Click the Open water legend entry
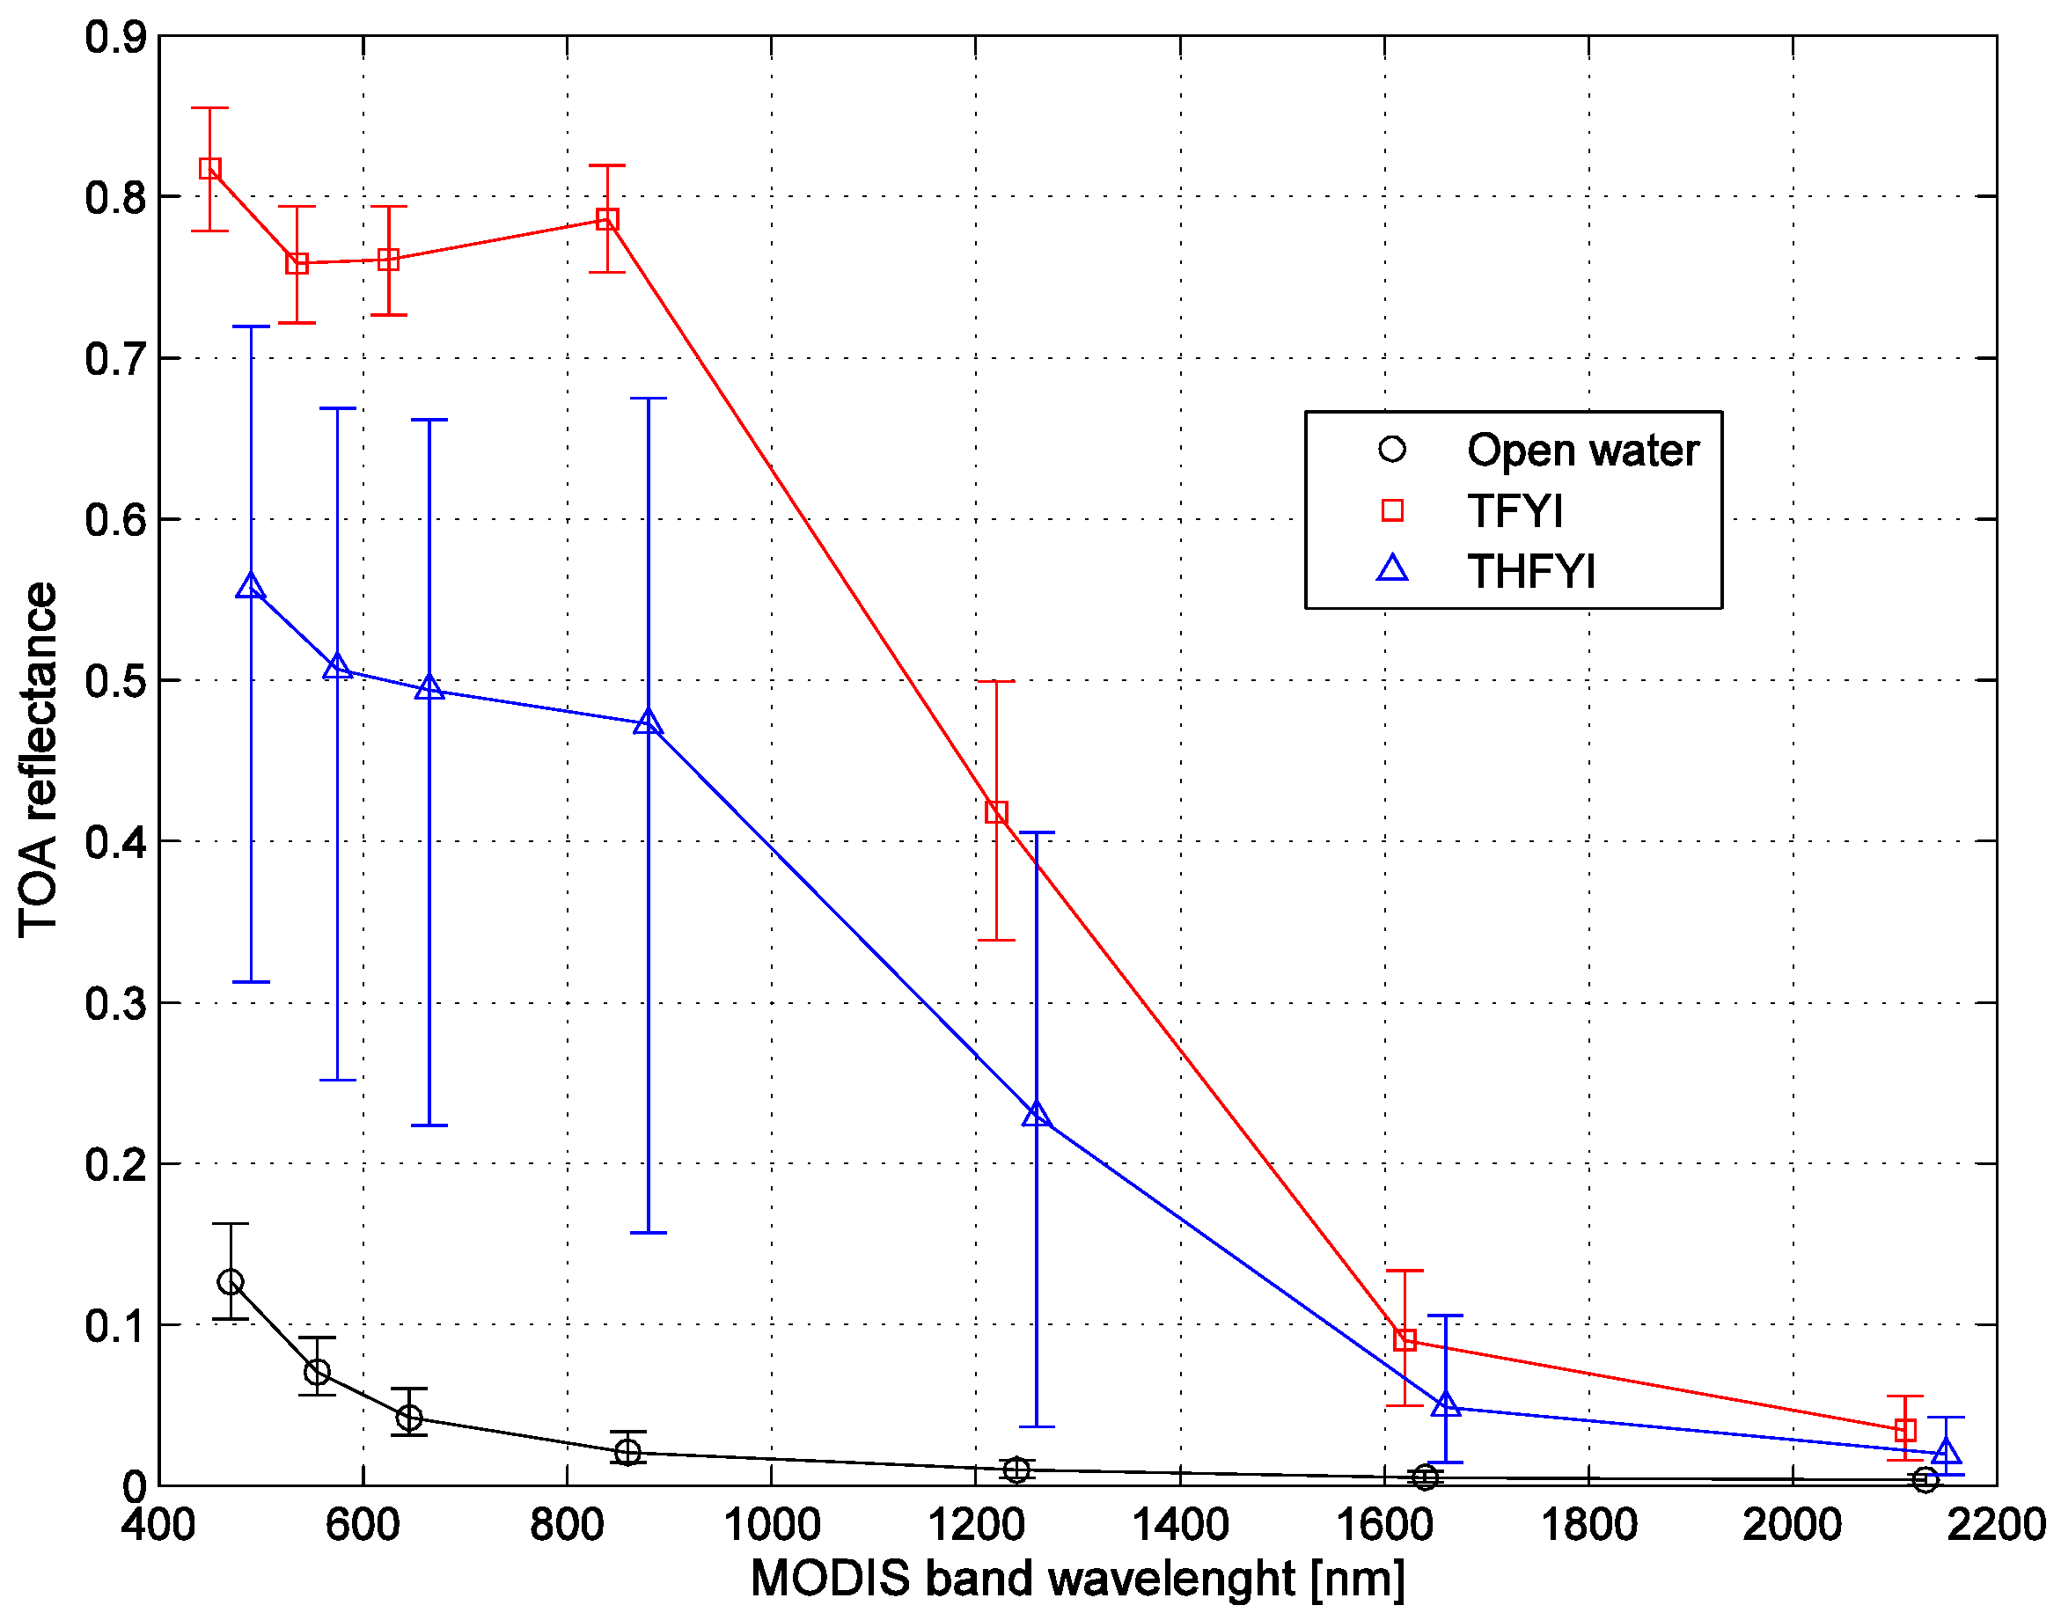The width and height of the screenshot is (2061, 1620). tap(1581, 450)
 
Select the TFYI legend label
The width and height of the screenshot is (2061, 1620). tap(1515, 511)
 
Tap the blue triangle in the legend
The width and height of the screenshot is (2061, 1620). tap(1391, 568)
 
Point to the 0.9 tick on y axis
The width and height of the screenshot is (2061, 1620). tap(115, 38)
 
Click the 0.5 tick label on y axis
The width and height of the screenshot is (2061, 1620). tap(115, 681)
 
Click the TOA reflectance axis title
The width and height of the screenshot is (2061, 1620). tap(38, 759)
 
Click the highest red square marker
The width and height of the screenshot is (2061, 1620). tap(210, 169)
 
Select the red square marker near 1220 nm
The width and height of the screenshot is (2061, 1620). tap(996, 812)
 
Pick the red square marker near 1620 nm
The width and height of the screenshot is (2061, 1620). tap(1405, 1340)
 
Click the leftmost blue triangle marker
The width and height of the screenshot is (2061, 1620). tap(251, 586)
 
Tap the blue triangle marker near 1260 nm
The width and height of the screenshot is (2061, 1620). tap(1037, 1114)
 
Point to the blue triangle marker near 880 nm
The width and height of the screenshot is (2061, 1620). tap(648, 722)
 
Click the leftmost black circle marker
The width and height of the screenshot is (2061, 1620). tap(231, 1282)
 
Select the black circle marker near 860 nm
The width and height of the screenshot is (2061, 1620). tap(627, 1451)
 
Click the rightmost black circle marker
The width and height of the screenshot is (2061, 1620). tap(1925, 1479)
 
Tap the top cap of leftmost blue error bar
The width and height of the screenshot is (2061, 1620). tap(251, 326)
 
